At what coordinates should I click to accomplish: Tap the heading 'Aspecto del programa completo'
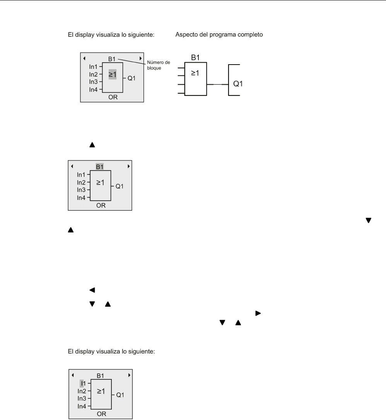tap(219, 35)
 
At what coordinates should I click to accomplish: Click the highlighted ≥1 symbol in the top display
tap(112, 75)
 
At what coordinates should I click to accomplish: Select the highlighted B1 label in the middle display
tap(100, 167)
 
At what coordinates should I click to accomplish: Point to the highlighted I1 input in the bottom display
tap(82, 383)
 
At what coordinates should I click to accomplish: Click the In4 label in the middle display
tap(81, 198)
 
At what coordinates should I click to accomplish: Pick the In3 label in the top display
tap(93, 82)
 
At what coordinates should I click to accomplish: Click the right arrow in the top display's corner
tap(140, 58)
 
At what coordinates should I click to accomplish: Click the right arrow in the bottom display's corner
tap(128, 375)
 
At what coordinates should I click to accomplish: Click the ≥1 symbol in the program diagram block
tap(195, 73)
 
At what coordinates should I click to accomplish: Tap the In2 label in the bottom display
tap(81, 391)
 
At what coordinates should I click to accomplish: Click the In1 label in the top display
tap(93, 66)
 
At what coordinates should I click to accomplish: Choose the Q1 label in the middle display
tap(120, 186)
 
